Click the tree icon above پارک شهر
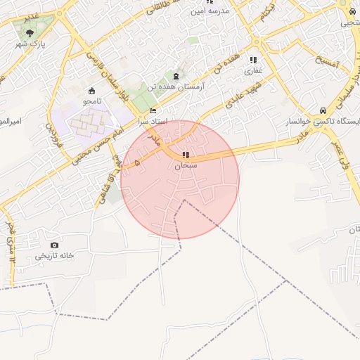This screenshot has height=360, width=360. (29, 32)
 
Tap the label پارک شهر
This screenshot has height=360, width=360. (29, 44)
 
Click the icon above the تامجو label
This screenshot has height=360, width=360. (92, 91)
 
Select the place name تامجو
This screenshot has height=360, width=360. (92, 101)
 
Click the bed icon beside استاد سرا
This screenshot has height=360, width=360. (154, 110)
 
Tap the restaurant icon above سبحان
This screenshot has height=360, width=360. (185, 155)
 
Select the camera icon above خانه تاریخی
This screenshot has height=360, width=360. (54, 245)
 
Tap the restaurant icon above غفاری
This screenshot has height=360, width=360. (253, 60)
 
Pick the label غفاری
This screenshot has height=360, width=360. (253, 71)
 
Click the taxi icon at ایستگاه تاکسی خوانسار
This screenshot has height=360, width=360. (322, 110)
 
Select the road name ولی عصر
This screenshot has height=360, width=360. (344, 155)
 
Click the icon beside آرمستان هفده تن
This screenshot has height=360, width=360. (176, 76)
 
